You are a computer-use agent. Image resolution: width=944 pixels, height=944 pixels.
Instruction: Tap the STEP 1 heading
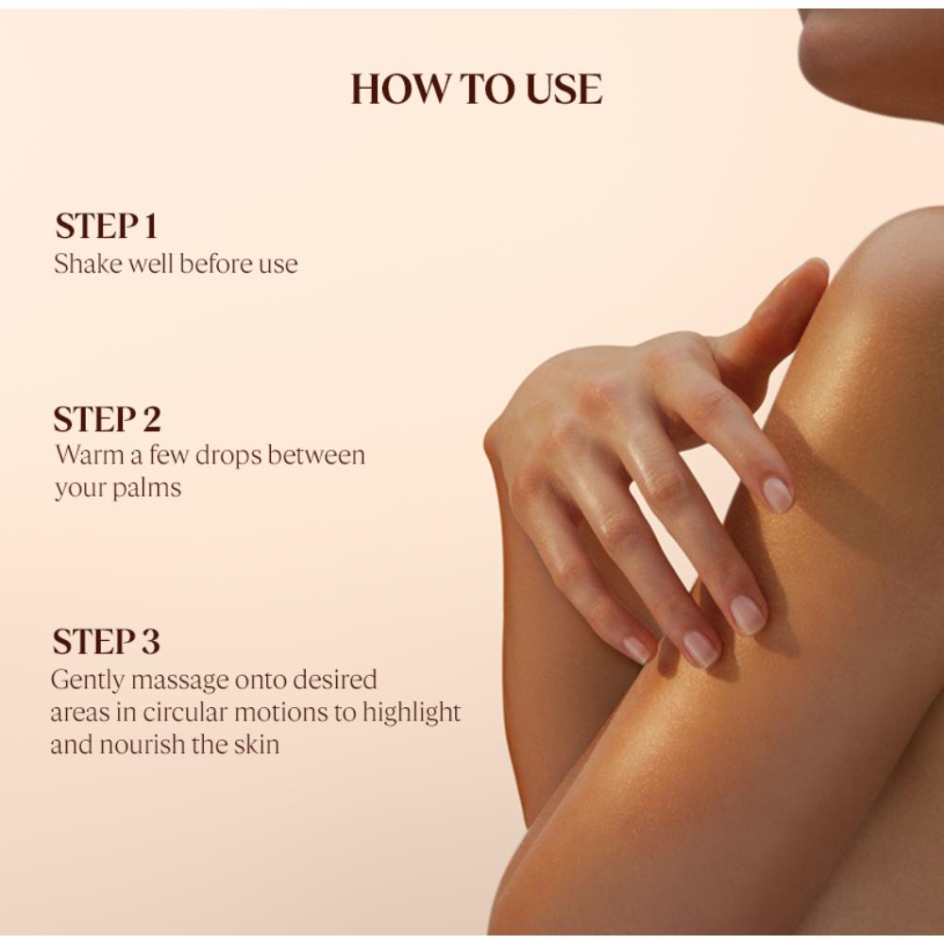pos(106,227)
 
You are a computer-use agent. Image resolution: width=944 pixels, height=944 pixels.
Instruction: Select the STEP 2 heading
pos(108,419)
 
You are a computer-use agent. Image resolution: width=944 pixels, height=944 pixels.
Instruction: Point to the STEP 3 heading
pos(106,641)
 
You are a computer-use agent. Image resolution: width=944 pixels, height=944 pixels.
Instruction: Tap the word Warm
pos(90,455)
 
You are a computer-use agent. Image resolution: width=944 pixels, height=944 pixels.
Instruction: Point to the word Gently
pos(88,681)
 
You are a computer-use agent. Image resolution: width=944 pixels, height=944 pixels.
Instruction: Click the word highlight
pos(412,713)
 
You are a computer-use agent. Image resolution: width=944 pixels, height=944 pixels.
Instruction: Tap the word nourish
pos(143,745)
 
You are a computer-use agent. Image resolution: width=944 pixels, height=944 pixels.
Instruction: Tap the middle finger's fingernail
pos(748,614)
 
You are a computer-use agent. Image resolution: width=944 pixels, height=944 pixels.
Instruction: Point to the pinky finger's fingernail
pos(637,649)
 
